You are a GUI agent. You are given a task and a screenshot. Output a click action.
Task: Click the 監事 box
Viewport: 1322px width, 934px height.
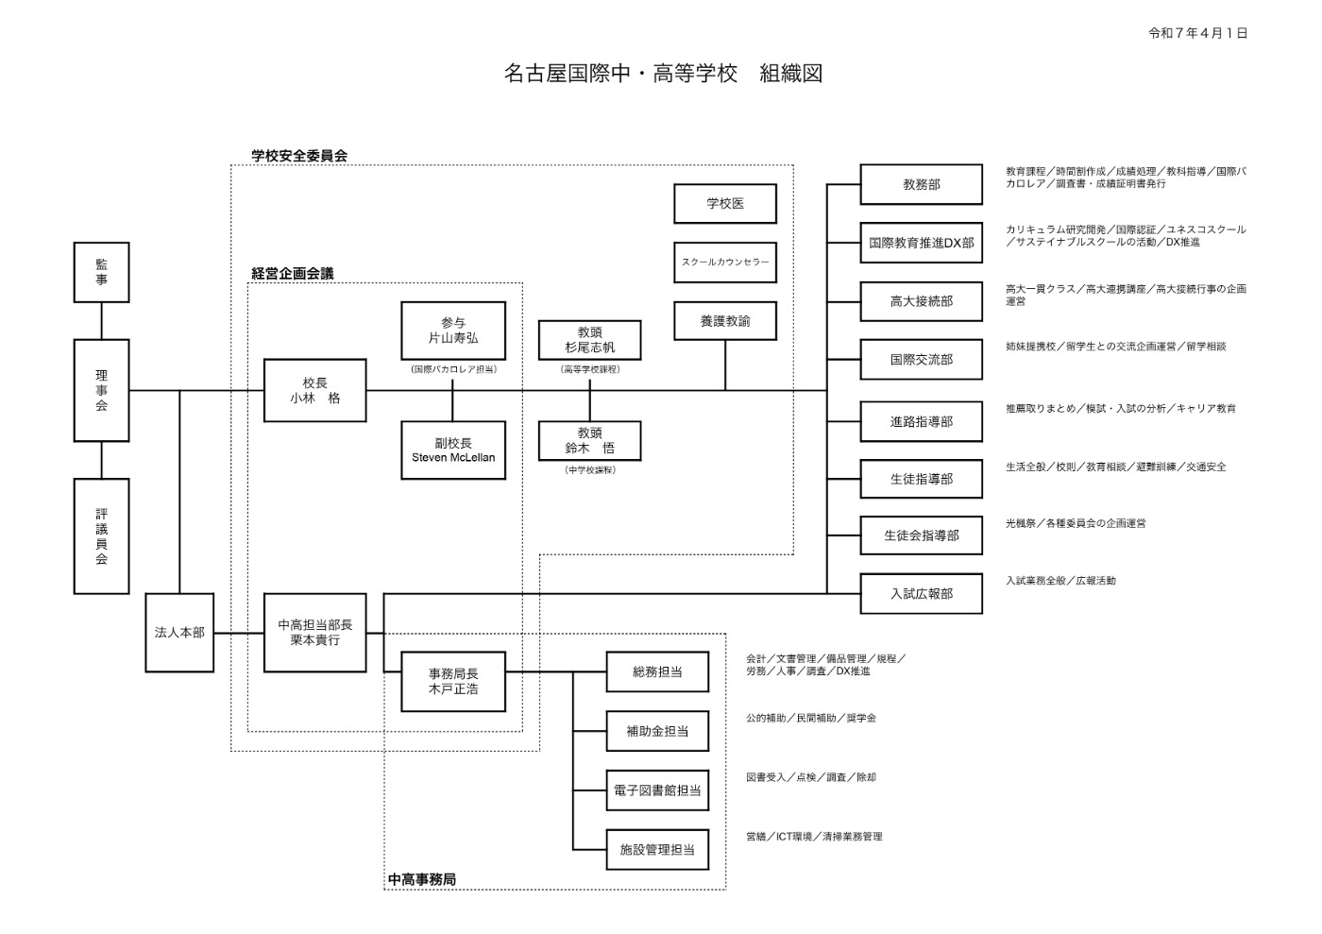coord(101,272)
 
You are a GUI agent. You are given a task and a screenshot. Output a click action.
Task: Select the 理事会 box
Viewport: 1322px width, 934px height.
coord(101,390)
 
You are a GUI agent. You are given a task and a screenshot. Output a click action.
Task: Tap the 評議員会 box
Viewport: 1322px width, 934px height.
coord(101,535)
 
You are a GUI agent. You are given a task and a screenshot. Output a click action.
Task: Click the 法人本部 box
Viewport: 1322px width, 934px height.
coord(179,632)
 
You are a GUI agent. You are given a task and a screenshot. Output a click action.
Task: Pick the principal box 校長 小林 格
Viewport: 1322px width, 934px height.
coord(314,390)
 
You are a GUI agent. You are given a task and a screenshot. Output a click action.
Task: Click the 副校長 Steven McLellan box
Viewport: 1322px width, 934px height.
coord(453,450)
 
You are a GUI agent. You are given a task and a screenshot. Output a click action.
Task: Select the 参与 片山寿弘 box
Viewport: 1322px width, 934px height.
coord(453,331)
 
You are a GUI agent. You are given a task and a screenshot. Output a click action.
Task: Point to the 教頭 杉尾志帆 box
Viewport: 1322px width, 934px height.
coord(590,340)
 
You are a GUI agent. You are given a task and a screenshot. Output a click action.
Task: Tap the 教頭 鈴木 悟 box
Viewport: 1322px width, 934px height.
coord(590,440)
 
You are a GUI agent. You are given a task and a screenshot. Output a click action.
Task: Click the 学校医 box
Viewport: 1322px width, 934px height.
coord(725,203)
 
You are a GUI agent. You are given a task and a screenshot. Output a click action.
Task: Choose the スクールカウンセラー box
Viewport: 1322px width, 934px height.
coord(725,262)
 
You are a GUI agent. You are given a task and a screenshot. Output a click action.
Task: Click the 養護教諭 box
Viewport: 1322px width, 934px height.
coord(725,321)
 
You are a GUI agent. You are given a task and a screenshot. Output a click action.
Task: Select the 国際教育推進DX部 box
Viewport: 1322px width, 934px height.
coord(921,243)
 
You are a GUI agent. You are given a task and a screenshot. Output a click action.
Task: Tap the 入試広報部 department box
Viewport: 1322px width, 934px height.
coord(921,594)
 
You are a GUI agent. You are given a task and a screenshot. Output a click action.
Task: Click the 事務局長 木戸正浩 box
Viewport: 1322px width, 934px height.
coord(453,681)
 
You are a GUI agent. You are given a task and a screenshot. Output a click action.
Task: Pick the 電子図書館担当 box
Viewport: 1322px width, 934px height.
coord(657,790)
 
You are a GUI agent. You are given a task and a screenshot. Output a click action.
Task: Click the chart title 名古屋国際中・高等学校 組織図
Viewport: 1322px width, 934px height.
coord(663,74)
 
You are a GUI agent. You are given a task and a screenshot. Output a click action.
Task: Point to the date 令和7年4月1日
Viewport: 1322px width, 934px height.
coord(1197,33)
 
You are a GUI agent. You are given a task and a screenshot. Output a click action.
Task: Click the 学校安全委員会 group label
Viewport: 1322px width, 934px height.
coord(299,156)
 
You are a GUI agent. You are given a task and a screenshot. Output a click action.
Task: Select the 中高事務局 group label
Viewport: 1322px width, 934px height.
coord(422,879)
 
